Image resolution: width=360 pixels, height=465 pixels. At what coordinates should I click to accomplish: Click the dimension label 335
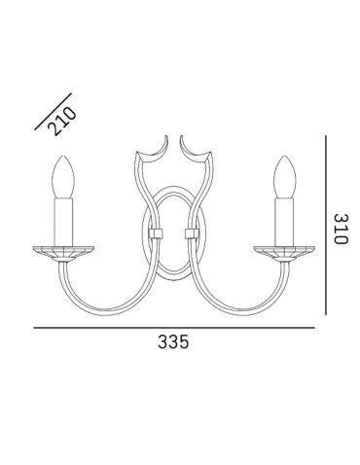172,342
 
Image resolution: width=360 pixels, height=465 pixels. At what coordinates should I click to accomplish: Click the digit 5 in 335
183,342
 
